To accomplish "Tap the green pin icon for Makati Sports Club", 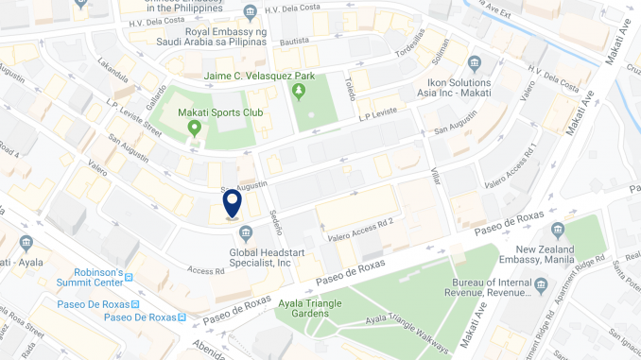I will coord(195,129).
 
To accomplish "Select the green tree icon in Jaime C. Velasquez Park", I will coord(300,92).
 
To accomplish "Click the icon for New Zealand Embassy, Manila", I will coord(558,230).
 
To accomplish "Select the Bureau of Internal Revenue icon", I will coord(541,284).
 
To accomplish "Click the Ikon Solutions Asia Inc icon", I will coord(475,63).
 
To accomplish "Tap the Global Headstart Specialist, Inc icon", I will coord(246,233).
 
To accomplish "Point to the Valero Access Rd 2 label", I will coord(359,223).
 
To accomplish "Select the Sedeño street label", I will coord(274,225).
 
